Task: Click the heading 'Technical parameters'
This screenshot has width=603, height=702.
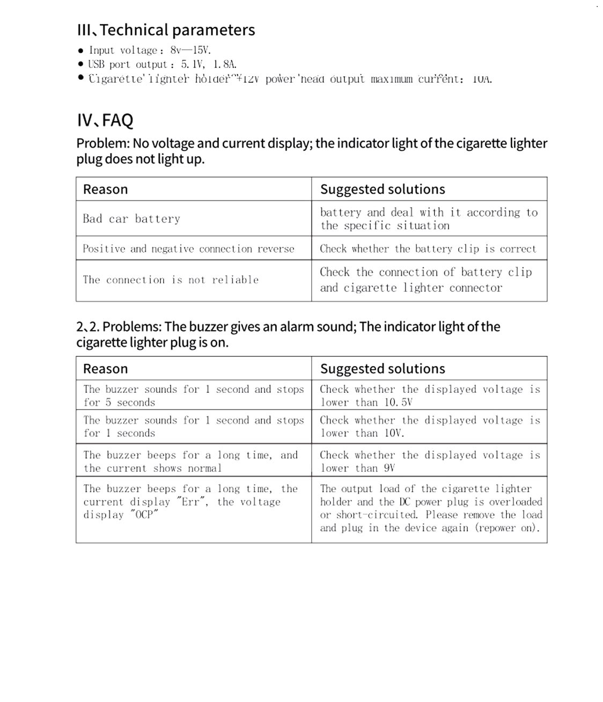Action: click(x=177, y=30)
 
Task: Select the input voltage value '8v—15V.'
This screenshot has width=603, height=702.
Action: click(x=190, y=50)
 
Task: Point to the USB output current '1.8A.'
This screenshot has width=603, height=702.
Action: click(x=225, y=64)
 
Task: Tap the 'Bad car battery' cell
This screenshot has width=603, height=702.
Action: click(x=131, y=219)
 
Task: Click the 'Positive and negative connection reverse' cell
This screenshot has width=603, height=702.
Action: click(x=188, y=249)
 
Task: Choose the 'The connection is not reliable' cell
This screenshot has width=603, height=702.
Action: click(x=171, y=280)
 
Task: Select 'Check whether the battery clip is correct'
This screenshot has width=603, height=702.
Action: click(x=428, y=249)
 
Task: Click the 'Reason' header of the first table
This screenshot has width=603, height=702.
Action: click(x=105, y=189)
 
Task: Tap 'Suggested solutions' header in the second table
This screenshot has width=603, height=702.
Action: click(x=383, y=369)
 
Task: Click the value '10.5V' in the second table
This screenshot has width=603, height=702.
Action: click(x=398, y=403)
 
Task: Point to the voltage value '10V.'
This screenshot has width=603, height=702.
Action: click(x=394, y=433)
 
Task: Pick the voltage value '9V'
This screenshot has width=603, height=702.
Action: click(x=389, y=468)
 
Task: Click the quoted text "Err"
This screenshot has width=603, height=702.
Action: click(x=192, y=502)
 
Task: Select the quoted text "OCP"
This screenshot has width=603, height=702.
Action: click(x=144, y=515)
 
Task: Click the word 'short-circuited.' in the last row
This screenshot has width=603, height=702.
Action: click(x=377, y=515)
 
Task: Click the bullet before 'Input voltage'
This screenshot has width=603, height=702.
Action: click(x=81, y=51)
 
